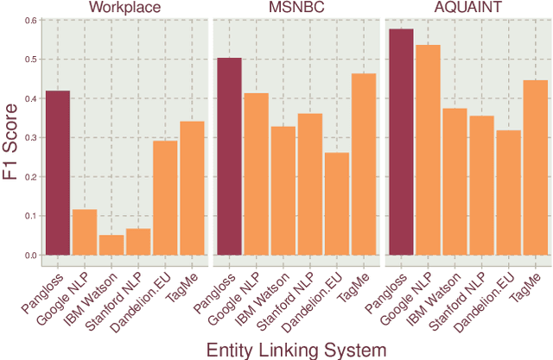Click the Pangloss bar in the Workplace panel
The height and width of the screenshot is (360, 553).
(57, 173)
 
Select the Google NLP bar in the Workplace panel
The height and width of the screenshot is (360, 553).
(85, 232)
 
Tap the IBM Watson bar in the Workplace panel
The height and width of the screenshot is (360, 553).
(111, 244)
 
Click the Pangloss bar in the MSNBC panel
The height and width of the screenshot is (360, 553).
(229, 156)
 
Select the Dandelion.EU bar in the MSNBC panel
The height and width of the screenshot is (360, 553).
(337, 204)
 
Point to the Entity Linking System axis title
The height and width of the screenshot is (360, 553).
(295, 348)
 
